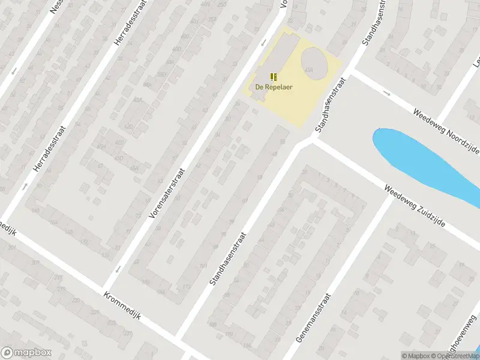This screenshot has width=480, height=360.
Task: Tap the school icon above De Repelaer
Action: (274, 76)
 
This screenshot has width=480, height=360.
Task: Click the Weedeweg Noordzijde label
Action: (445, 125)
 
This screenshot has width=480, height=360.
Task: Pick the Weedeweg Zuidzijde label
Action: (422, 205)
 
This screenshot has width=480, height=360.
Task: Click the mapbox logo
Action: (25, 353)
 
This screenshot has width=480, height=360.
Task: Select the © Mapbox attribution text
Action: (416, 356)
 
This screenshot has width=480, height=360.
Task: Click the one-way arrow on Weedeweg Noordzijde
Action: (387, 94)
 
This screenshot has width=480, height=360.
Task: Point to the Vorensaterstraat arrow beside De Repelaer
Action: (263, 43)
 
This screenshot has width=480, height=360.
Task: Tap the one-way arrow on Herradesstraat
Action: (25, 187)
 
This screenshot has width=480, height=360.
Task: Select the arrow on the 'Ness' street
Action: (13, 71)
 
